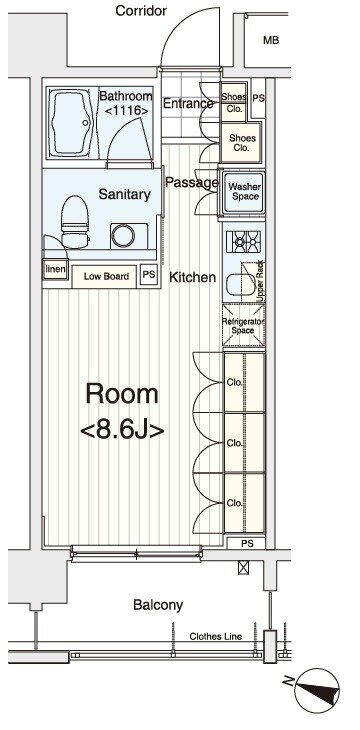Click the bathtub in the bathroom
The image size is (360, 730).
[x=71, y=123]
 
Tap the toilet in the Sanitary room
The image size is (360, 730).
[x=75, y=222]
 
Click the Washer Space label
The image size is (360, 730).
[x=245, y=192]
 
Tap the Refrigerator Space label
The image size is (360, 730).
[x=243, y=326]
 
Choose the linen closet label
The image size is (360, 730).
[x=55, y=270]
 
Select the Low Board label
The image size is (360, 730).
[x=106, y=277]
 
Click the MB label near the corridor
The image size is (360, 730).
[x=271, y=41]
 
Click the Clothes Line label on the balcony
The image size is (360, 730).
[x=216, y=636]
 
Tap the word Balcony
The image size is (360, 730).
[x=158, y=605]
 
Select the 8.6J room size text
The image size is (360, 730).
[x=122, y=430]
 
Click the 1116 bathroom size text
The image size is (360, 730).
[x=126, y=111]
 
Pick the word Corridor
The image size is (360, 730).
[x=141, y=11]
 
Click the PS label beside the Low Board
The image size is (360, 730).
[x=149, y=275]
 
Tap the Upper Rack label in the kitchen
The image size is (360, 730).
[x=260, y=279]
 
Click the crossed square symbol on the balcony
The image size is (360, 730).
[x=244, y=567]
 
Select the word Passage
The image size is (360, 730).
[x=192, y=183]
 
